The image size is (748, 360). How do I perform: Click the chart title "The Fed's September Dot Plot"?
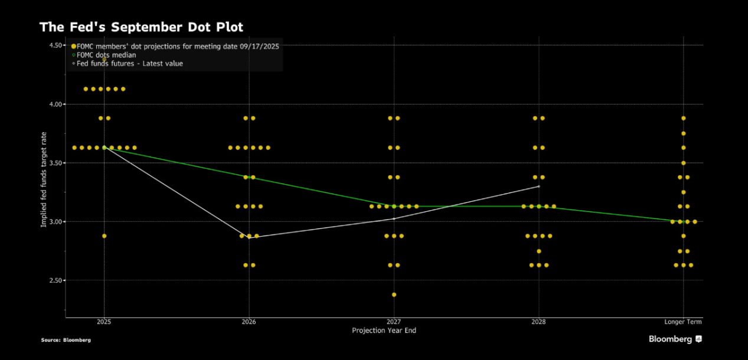[141, 27]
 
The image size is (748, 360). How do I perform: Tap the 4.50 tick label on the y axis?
[57, 45]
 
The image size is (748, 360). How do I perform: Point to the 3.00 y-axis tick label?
[57, 222]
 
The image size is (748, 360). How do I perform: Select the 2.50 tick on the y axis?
[57, 280]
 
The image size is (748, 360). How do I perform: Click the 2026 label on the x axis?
[249, 322]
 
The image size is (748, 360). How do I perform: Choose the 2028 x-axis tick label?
[538, 322]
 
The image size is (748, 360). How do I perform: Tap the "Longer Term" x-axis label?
[683, 322]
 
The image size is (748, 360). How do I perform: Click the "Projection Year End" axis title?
[384, 330]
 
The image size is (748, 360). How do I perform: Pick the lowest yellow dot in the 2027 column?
[394, 294]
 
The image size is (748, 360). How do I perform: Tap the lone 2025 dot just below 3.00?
[104, 236]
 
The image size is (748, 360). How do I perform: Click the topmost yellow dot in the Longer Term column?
[684, 118]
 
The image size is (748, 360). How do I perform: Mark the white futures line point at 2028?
[538, 186]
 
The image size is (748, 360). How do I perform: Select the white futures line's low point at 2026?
[249, 238]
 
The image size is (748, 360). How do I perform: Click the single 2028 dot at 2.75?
[538, 251]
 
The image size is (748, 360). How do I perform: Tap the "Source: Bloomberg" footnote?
[66, 340]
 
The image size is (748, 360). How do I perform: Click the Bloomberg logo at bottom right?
[675, 339]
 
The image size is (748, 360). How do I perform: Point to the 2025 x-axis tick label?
[104, 322]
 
